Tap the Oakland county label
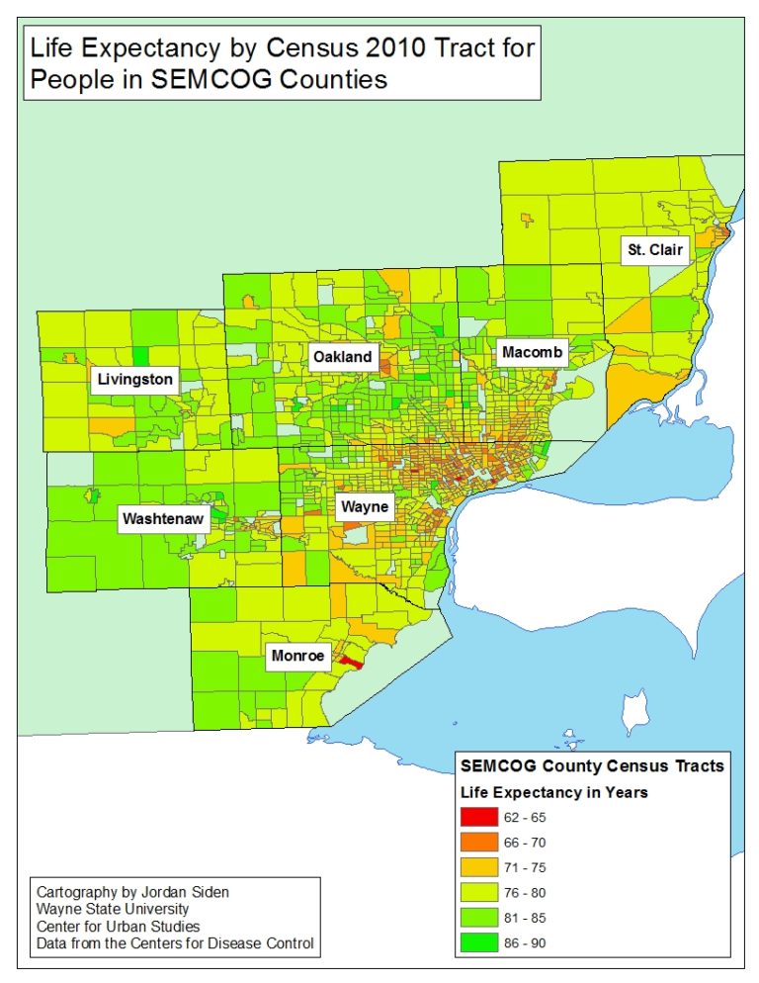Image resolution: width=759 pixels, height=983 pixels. [343, 357]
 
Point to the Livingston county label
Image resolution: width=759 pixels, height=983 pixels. [134, 379]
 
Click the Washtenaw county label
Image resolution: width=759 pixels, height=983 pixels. [163, 519]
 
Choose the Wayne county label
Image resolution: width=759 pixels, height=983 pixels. [365, 508]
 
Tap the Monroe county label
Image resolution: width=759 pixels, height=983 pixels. [297, 655]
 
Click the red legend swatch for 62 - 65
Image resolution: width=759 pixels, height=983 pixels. [478, 818]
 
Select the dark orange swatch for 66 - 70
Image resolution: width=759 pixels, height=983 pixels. [478, 843]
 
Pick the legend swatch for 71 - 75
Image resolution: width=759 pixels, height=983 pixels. [478, 867]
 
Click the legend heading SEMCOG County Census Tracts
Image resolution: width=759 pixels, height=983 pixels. [592, 765]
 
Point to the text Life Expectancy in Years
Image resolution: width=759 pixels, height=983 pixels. [554, 792]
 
